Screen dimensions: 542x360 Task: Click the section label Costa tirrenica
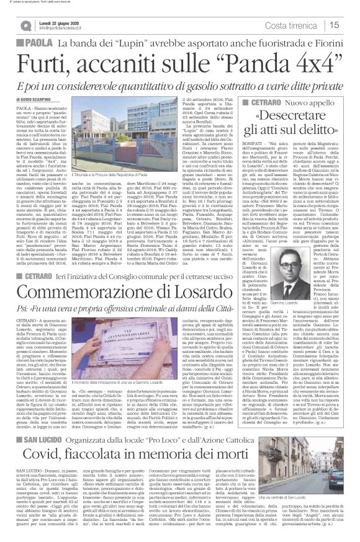click(x=301, y=24)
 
